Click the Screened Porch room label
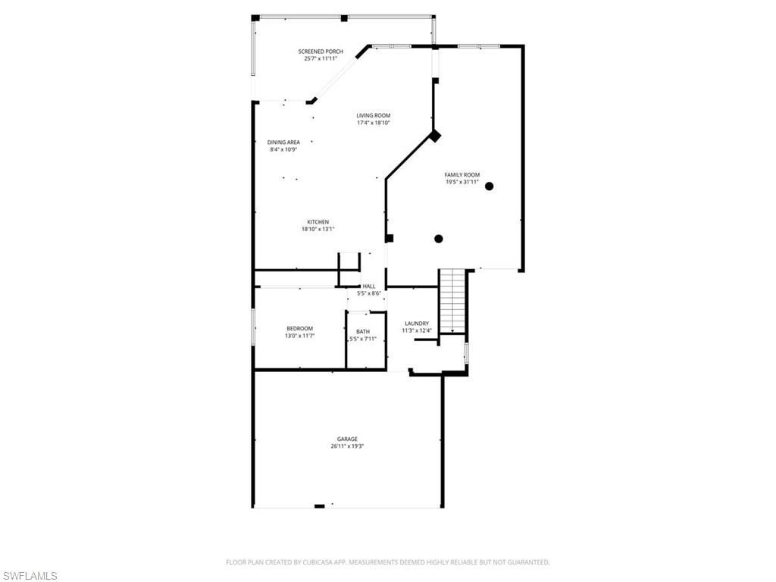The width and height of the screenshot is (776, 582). coord(324,52)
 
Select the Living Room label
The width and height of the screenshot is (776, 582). coord(374,116)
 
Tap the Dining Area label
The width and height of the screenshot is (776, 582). coord(283,142)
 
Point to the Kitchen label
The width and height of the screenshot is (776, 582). coord(318,222)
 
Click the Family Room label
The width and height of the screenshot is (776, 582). coord(462,175)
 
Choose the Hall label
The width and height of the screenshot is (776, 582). coord(368,286)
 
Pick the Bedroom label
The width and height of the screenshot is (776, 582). coord(299,328)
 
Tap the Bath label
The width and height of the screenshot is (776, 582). coord(363,331)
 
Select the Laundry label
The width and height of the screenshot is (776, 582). coord(417,323)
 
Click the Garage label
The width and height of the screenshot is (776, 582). coord(347,439)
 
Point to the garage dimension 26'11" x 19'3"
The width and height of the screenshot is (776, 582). coord(347,446)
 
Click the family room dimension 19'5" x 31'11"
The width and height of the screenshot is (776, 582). coord(462,182)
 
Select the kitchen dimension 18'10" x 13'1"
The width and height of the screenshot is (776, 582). coord(318,229)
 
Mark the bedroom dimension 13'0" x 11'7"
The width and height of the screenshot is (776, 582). coord(299,336)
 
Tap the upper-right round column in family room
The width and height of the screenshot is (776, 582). coord(490,186)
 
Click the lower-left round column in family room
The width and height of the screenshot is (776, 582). coord(438,239)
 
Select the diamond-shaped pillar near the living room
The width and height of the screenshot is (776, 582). coord(435,136)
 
